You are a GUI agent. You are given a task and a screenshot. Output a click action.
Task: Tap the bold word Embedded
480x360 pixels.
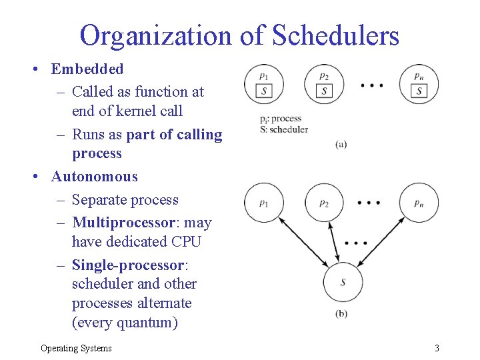[87, 69]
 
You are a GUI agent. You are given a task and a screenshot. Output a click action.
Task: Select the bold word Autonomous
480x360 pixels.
[95, 177]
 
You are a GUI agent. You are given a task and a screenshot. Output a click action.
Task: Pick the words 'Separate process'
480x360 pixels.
[125, 199]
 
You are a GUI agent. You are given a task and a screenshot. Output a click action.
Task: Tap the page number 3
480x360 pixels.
[437, 347]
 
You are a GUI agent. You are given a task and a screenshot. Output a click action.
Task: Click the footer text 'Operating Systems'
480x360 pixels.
[76, 347]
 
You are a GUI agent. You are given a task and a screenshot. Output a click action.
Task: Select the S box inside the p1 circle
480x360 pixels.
[264, 91]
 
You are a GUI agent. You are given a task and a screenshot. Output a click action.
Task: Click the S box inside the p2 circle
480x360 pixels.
[324, 91]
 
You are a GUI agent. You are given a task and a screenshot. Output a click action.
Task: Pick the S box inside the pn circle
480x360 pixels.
[419, 91]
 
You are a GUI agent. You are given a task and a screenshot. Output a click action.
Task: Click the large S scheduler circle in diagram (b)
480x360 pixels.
[343, 283]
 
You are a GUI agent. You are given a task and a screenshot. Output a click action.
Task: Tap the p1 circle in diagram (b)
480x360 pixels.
[264, 203]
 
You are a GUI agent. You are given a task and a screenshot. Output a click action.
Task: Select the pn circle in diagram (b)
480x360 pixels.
[419, 203]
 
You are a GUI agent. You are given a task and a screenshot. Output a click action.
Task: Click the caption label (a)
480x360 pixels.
[341, 144]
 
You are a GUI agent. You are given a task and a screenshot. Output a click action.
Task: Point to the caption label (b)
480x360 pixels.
[341, 314]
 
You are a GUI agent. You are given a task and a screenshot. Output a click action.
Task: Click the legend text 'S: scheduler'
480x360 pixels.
[284, 129]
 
